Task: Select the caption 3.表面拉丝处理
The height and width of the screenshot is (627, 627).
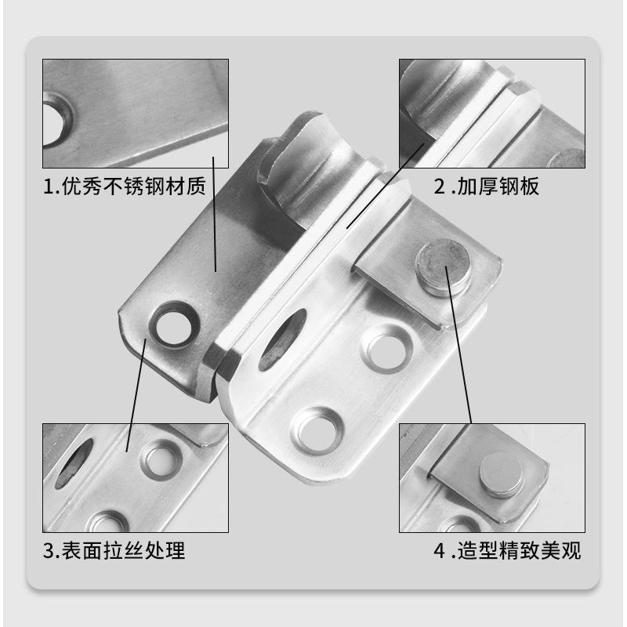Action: pyautogui.click(x=114, y=551)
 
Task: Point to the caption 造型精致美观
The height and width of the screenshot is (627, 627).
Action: pyautogui.click(x=517, y=551)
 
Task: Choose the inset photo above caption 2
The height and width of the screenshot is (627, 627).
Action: pyautogui.click(x=491, y=113)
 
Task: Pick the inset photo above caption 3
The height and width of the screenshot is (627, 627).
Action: pyautogui.click(x=135, y=477)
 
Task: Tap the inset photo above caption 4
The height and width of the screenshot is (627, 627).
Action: pyautogui.click(x=491, y=477)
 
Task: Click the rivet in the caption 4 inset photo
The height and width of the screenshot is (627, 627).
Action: pyautogui.click(x=502, y=475)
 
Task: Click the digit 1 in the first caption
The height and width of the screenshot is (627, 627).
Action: pyautogui.click(x=48, y=189)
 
